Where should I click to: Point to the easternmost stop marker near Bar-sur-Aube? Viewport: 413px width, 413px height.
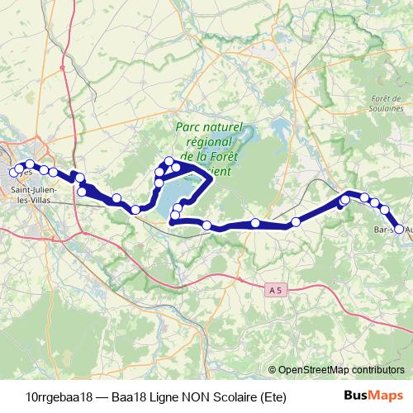[x=399, y=229]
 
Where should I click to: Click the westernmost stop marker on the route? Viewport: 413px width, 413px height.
[x=12, y=172]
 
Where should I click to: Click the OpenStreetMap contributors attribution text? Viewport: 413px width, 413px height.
[x=341, y=370]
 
